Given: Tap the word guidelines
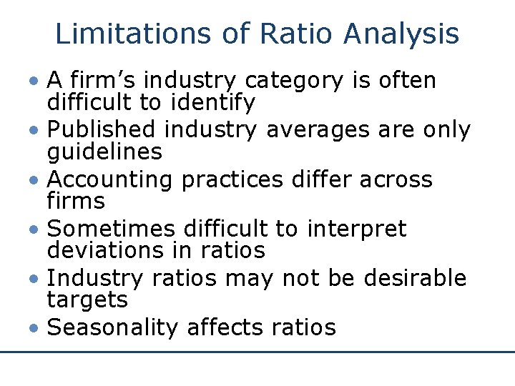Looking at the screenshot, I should point(104,152).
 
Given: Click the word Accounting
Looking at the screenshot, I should point(109,179).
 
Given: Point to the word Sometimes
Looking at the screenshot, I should point(111,229).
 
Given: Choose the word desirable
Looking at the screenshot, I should point(415,278).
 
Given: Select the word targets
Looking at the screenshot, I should point(87,300).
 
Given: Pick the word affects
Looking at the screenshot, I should point(225,327).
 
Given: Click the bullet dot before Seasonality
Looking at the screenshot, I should point(35,328).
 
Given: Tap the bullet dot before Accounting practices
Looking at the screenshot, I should point(35,180).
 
